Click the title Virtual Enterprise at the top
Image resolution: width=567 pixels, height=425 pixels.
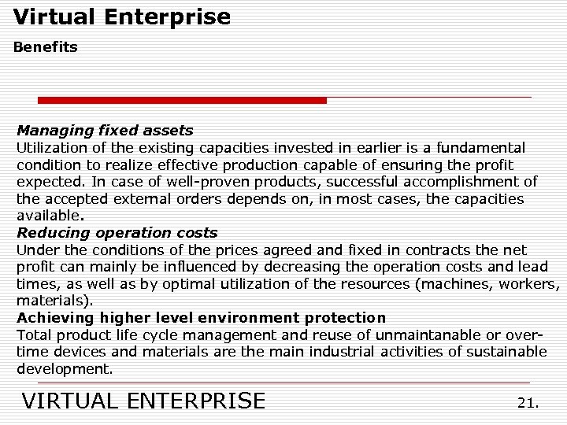pyautogui.click(x=122, y=17)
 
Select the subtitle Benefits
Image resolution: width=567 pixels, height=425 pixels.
pyautogui.click(x=46, y=47)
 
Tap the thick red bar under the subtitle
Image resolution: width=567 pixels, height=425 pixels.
pyautogui.click(x=182, y=101)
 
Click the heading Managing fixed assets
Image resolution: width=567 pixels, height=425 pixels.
pyautogui.click(x=105, y=131)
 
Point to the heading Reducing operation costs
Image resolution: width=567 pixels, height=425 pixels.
pyautogui.click(x=117, y=233)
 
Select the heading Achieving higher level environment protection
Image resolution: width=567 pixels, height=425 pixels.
pyautogui.click(x=201, y=318)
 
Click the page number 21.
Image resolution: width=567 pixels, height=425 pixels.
pyautogui.click(x=528, y=403)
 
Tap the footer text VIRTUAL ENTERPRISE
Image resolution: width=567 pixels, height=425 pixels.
pyautogui.click(x=143, y=401)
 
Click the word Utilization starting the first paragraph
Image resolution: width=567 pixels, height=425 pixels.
pyautogui.click(x=50, y=148)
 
